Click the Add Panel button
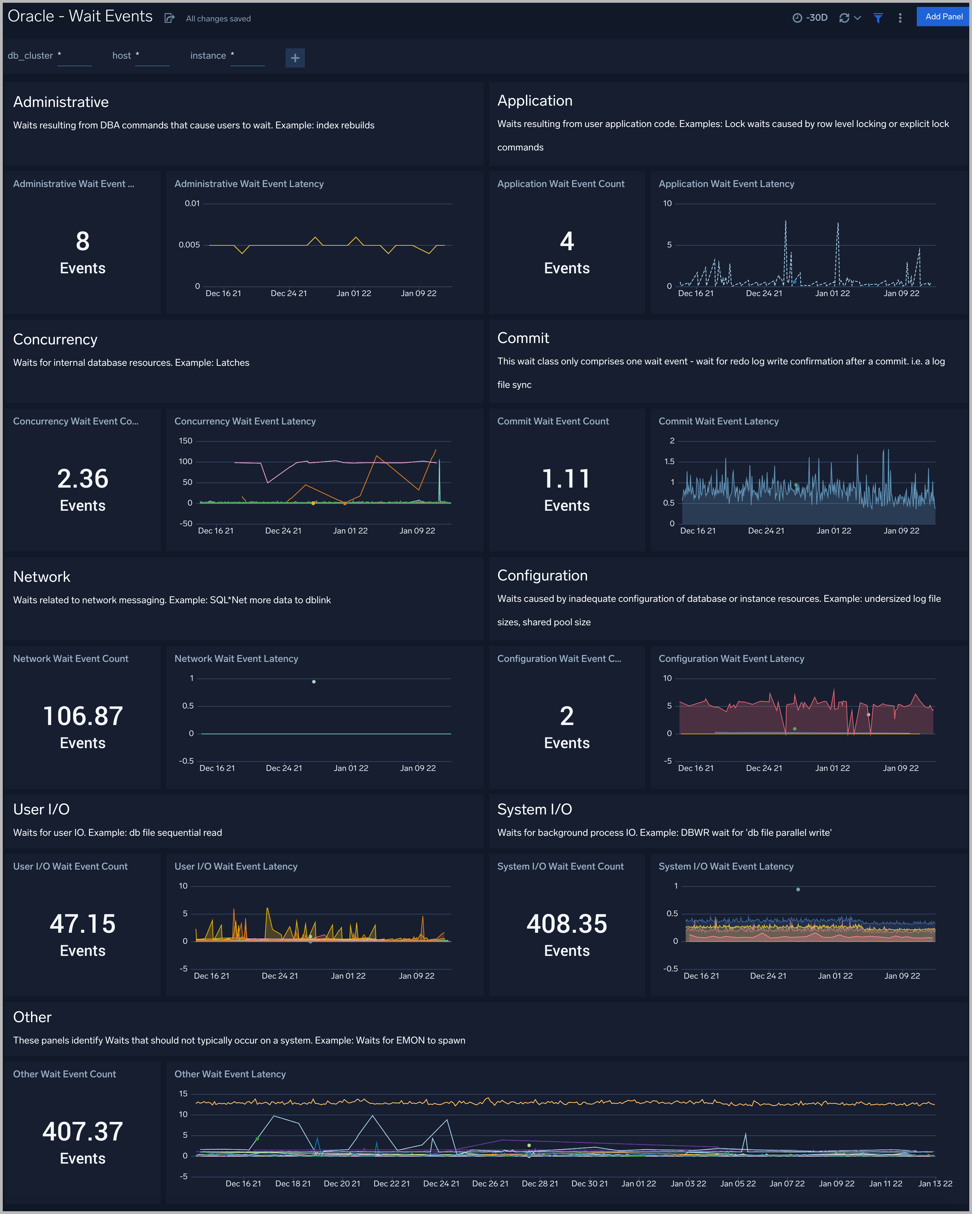(943, 17)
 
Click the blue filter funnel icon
(877, 18)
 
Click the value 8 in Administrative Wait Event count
(83, 242)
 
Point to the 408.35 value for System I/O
(566, 924)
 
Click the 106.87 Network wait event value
(83, 716)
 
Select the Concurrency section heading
(55, 340)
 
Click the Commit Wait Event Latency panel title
(718, 421)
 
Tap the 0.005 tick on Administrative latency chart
(189, 245)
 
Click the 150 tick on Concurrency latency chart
(186, 441)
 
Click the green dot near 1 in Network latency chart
(314, 682)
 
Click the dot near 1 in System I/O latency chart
(798, 890)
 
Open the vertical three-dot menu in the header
(900, 18)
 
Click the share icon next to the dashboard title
(169, 18)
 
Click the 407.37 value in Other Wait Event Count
(83, 1132)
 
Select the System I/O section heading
(534, 810)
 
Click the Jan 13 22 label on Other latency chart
(935, 1184)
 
